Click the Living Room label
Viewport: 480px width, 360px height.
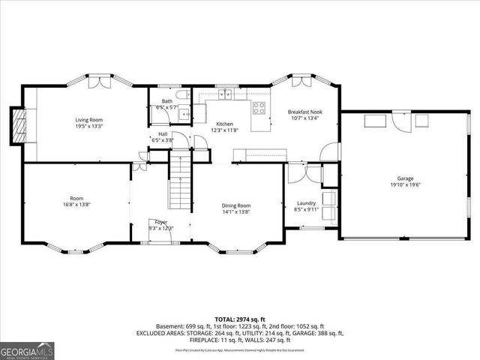point(88,120)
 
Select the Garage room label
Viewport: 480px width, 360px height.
point(405,178)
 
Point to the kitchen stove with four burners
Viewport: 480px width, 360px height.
point(259,106)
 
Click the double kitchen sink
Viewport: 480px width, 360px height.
point(224,95)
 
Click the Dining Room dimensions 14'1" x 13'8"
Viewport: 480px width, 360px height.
point(235,212)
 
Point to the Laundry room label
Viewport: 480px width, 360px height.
point(305,202)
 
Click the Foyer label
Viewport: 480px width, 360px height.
point(161,222)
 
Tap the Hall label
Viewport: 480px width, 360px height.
point(162,133)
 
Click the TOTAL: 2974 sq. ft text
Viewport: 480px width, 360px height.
point(240,319)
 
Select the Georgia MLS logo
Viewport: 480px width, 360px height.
point(24,350)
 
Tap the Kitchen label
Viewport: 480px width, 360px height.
point(224,124)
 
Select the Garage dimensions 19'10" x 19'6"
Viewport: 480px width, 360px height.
point(405,185)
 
